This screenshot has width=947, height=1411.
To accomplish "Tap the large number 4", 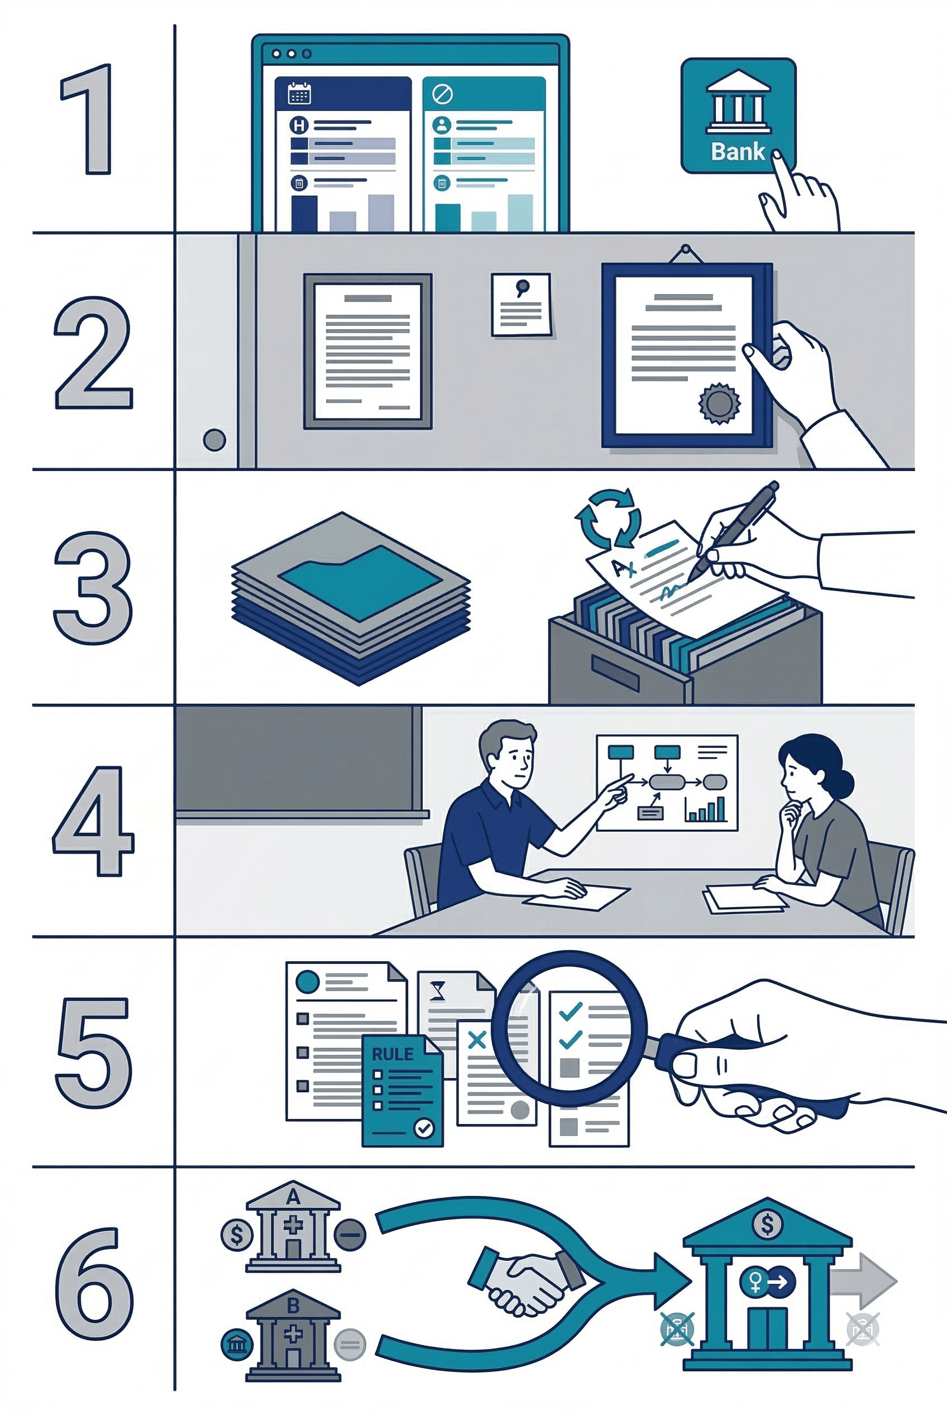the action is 94,820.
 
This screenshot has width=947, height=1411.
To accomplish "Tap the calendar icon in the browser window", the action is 299,94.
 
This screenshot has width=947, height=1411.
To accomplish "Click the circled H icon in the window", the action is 299,126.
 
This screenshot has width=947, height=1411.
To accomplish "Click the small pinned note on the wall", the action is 521,305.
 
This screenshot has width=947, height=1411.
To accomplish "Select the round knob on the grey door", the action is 214,440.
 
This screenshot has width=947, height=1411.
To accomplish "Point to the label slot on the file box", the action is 615,673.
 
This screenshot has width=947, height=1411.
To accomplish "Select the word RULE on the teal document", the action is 392,1054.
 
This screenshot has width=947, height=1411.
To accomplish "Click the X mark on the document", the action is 477,1040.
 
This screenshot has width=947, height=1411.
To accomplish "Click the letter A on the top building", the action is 294,1197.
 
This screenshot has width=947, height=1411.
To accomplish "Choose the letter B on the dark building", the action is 294,1306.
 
